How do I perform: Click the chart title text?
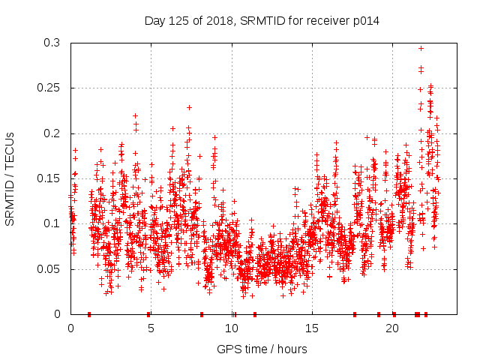[262, 21]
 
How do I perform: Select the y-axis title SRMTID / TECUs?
[10, 178]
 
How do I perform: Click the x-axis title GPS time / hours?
[262, 349]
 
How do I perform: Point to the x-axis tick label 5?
[151, 328]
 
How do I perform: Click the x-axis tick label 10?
[231, 328]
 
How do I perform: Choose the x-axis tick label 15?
[311, 328]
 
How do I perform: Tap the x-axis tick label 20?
[391, 328]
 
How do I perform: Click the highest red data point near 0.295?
[421, 48]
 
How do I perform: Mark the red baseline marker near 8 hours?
[202, 313]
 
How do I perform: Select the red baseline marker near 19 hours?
[379, 313]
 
